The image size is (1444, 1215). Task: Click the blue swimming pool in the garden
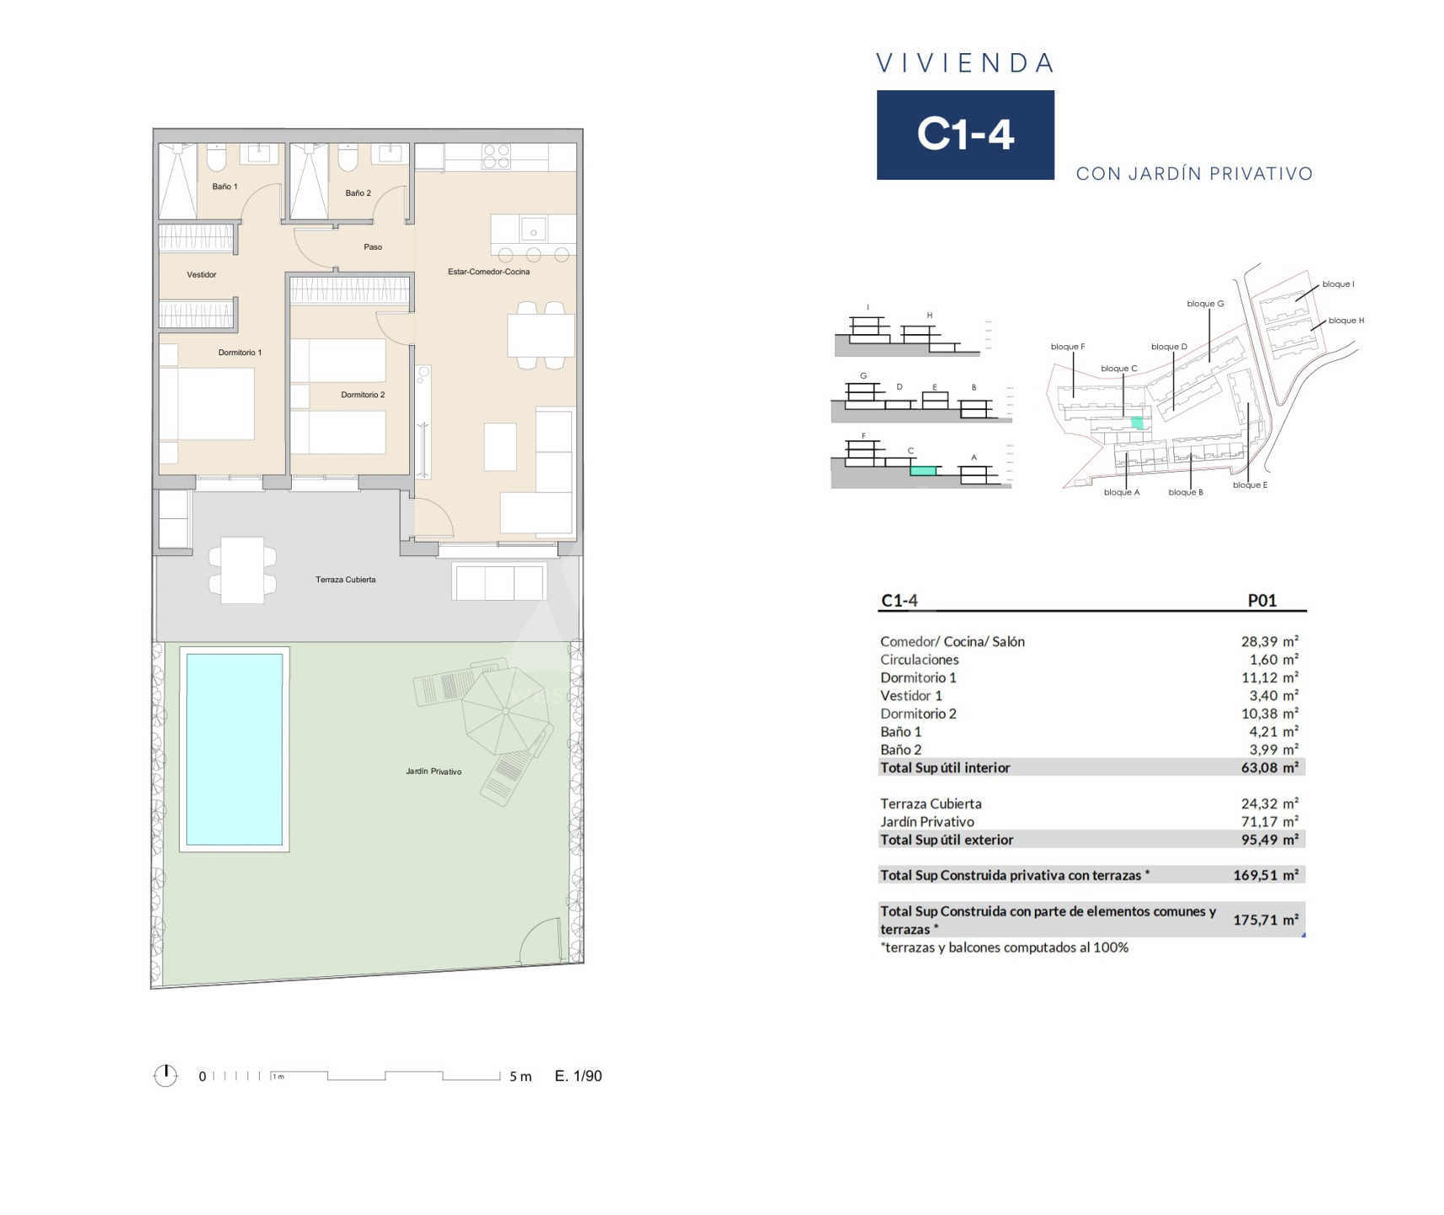point(234,748)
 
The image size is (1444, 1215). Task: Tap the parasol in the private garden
point(504,710)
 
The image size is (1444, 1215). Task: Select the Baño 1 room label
point(224,186)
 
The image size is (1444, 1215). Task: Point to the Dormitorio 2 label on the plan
point(363,395)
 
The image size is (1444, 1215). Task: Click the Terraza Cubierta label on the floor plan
point(346,580)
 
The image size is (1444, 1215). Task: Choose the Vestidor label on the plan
point(202,274)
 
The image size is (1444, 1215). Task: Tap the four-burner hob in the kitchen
point(496,157)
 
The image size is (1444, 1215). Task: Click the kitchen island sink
point(534,228)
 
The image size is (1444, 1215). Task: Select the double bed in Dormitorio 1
point(207,403)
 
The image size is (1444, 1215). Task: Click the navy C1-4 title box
point(966,135)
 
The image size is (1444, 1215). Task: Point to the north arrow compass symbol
point(165,1075)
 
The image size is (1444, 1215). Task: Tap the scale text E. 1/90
point(579,1076)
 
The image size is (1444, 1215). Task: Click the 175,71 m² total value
point(1265,920)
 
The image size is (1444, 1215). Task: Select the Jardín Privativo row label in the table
point(927,822)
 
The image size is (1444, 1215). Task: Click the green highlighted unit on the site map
point(1138,423)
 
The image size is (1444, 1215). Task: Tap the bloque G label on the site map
point(1205,304)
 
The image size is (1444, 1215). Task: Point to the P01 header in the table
point(1263,601)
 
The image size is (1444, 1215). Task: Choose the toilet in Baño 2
point(348,157)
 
